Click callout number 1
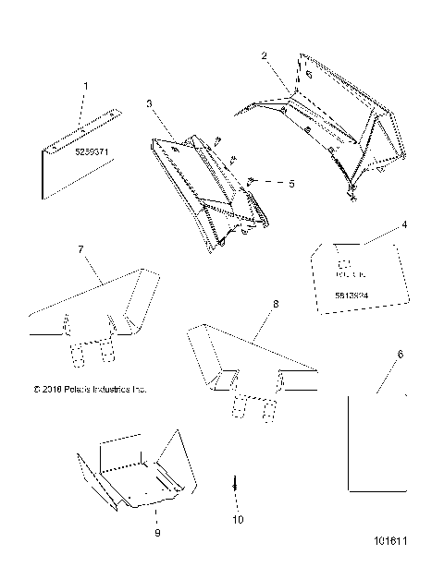pyautogui.click(x=87, y=86)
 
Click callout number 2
pyautogui.click(x=265, y=56)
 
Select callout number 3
pyautogui.click(x=150, y=104)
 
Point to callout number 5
pyautogui.click(x=290, y=184)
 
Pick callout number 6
pyautogui.click(x=399, y=354)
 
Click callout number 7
pyautogui.click(x=80, y=249)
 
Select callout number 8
pyautogui.click(x=276, y=302)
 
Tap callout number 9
pyautogui.click(x=156, y=533)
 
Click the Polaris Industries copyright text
pyautogui.click(x=89, y=390)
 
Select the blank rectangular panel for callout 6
pyautogui.click(x=375, y=443)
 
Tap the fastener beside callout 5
pyautogui.click(x=253, y=182)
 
